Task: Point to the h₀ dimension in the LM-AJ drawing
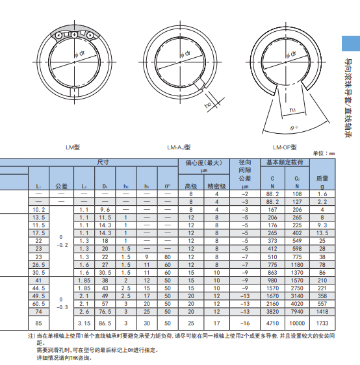(208, 103)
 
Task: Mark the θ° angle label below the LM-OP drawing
(294, 129)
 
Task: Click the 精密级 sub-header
(217, 185)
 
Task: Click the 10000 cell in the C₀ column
(297, 322)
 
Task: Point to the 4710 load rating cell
(272, 322)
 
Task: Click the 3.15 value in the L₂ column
(83, 322)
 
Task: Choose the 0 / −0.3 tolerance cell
(60, 303)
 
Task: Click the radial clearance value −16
(245, 322)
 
